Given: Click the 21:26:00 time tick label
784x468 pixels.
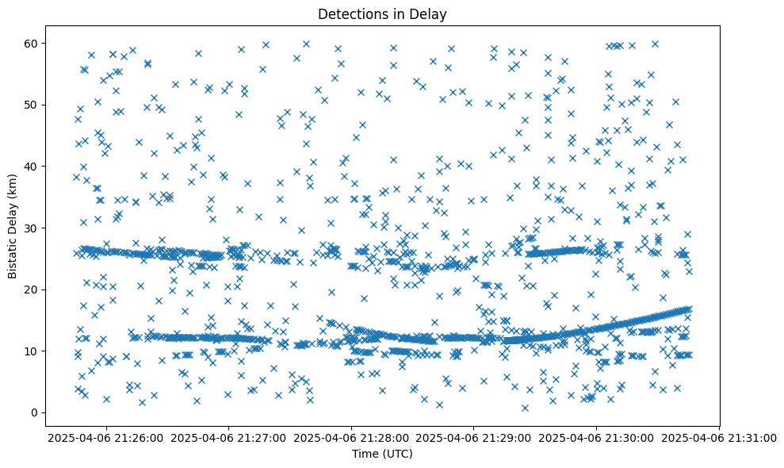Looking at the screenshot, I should [x=106, y=437].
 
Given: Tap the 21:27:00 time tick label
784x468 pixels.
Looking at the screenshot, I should [x=229, y=437].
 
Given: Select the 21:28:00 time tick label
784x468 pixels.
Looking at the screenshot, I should [x=352, y=437].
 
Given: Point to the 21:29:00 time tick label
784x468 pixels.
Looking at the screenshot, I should [x=474, y=437].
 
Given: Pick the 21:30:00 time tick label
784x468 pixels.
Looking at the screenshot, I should [x=597, y=437].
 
